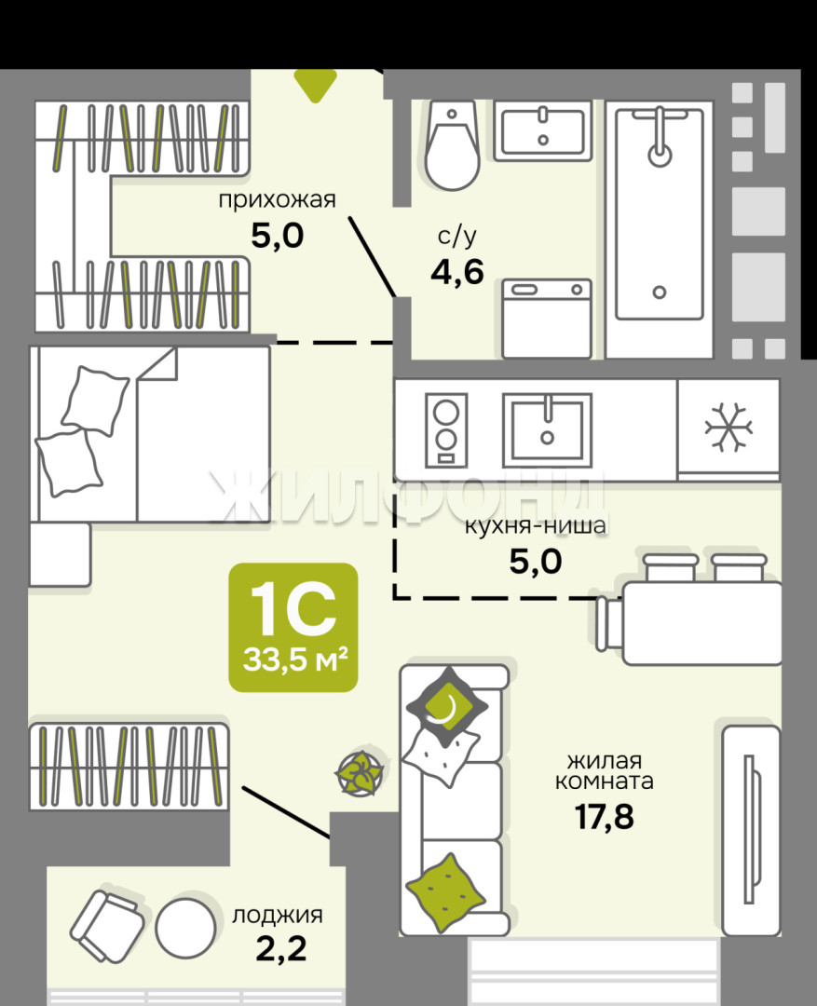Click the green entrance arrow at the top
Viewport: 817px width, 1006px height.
[x=315, y=84]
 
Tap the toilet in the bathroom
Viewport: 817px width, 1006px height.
[x=452, y=145]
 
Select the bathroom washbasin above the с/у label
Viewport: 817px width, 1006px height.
[x=542, y=131]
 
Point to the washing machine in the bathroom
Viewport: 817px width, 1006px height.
[x=547, y=319]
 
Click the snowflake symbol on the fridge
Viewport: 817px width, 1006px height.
[x=728, y=428]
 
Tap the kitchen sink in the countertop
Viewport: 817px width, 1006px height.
[x=547, y=429]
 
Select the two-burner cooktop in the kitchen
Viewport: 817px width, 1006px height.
[x=446, y=429]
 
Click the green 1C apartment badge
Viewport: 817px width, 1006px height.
[x=293, y=628]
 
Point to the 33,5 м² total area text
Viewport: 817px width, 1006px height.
[x=295, y=659]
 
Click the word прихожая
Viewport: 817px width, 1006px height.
[x=278, y=200]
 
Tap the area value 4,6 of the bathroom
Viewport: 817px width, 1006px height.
[x=457, y=273]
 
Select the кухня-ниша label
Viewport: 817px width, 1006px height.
[x=536, y=526]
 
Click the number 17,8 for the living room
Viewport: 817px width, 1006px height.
[x=604, y=817]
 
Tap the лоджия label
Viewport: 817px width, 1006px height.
[x=278, y=915]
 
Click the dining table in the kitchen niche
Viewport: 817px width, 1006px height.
[x=702, y=623]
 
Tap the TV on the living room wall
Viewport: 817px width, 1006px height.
[x=751, y=830]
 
